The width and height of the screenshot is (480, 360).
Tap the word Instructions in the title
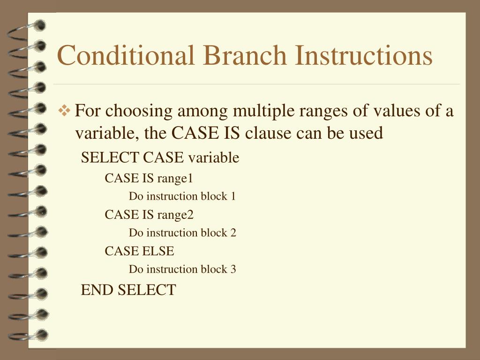(363, 55)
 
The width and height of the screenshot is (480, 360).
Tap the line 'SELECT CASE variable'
(160, 158)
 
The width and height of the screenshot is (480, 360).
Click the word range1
(175, 178)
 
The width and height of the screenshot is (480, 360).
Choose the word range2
(175, 215)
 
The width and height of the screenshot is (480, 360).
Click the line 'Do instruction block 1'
(182, 196)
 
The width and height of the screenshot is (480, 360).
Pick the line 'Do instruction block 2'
(182, 232)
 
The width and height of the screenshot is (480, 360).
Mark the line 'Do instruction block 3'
(182, 269)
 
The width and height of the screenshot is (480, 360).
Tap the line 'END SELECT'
(128, 290)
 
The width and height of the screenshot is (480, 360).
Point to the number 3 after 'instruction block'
(233, 269)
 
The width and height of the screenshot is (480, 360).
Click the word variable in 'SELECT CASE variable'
(213, 158)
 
